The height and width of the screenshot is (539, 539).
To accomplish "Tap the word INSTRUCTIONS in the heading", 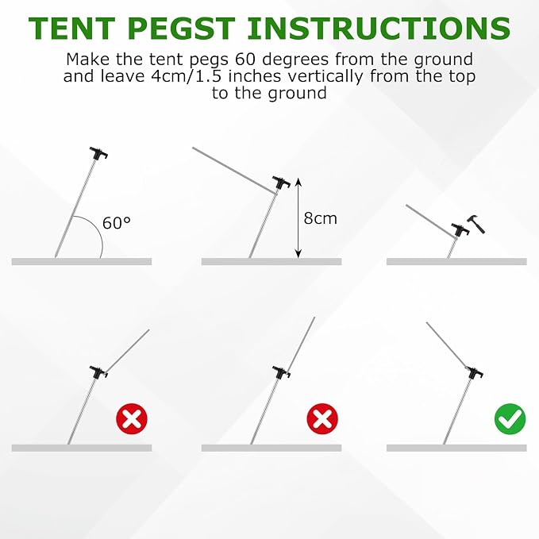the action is point(379,29).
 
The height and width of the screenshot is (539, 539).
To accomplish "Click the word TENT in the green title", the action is point(72,29).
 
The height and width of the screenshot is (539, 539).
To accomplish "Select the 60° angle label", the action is point(117,223).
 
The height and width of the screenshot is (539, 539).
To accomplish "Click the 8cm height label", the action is point(321,218).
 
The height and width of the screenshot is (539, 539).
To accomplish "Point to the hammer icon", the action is point(476,224).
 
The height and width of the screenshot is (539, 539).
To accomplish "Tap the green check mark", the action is point(510,419).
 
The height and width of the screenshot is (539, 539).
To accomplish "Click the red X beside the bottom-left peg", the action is point(132,419).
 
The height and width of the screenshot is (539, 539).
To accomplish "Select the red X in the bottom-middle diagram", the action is point(322,419).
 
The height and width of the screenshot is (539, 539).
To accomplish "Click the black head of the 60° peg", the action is point(98,153).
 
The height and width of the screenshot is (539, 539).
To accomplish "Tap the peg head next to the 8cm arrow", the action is point(282,183).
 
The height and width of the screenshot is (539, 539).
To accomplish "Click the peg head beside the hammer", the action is point(460,229).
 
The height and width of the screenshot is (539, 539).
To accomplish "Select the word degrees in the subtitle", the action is point(295,60).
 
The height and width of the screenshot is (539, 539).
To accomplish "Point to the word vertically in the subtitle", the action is point(325,77).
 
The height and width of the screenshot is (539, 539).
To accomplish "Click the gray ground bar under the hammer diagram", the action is point(456,262).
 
